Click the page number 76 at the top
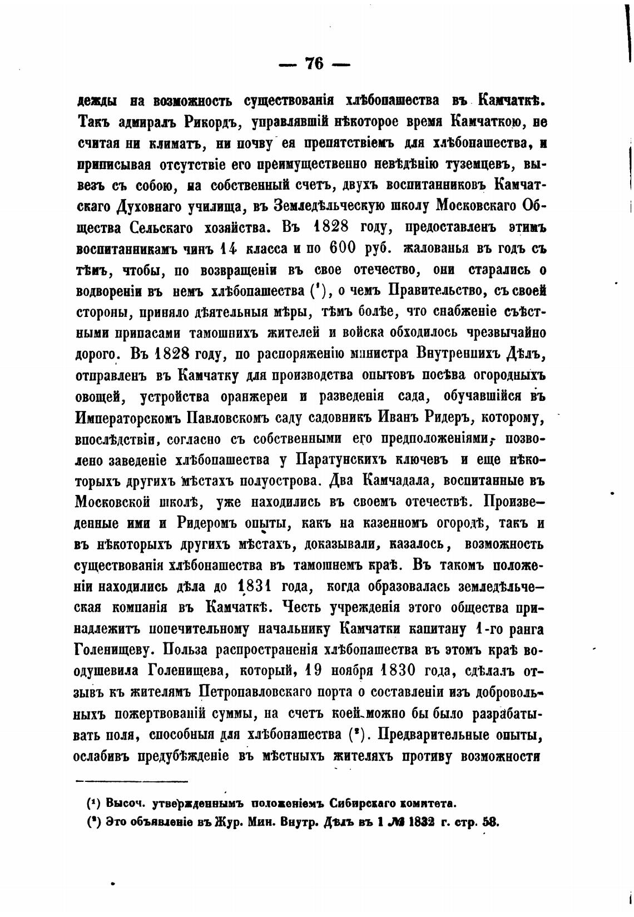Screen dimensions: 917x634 (x=314, y=64)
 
